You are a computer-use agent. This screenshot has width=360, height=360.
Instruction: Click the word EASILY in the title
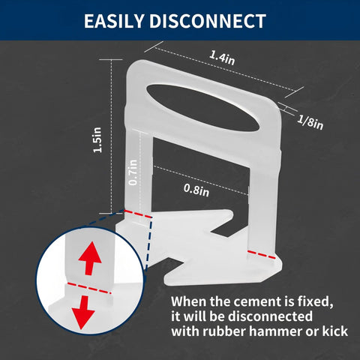[114, 21]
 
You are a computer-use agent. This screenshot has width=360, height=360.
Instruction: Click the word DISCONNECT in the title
[208, 21]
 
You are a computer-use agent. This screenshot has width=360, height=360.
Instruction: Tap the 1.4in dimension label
[222, 58]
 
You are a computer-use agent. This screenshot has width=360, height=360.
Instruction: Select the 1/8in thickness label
[310, 122]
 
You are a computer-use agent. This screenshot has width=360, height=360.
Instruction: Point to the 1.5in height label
[97, 139]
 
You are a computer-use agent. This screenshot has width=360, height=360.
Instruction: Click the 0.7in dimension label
[133, 172]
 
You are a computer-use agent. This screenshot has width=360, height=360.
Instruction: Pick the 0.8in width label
[196, 190]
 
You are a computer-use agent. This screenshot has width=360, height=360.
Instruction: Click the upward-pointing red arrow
[90, 258]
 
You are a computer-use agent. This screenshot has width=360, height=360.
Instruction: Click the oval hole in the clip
[203, 107]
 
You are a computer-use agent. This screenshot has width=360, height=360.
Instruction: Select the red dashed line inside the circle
[89, 288]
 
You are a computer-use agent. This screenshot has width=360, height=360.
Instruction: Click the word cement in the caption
[252, 301]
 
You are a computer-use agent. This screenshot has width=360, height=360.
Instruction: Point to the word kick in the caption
[335, 331]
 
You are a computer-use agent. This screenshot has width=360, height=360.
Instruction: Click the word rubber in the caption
[224, 331]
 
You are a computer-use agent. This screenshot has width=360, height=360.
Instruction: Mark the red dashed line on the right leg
[261, 254]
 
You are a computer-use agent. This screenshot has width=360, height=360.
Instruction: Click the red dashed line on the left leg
[138, 214]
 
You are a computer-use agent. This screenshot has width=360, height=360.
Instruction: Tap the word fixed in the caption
[315, 302]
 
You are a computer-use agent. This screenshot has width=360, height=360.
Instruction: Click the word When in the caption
[189, 301]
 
